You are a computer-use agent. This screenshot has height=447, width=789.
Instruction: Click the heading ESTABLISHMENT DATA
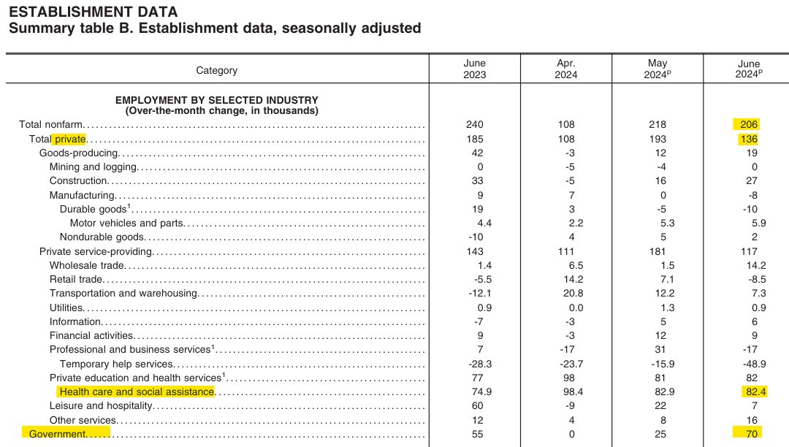click(92, 12)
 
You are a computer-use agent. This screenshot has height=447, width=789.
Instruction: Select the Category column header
click(216, 71)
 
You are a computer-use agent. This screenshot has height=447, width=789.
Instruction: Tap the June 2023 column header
click(474, 69)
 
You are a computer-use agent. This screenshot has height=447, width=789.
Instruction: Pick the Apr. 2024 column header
click(566, 69)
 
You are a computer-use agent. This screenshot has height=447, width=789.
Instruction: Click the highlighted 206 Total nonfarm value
click(748, 125)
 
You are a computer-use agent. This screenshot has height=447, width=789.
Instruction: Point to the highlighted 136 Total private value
click(748, 139)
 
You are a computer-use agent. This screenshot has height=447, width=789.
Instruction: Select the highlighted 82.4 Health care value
click(748, 392)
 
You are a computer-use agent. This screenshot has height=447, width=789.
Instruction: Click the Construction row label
click(79, 181)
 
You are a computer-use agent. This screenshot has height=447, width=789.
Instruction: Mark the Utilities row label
click(66, 307)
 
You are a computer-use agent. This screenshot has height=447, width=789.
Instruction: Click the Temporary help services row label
click(116, 364)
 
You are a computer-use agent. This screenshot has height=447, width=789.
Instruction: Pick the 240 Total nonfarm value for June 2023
click(474, 125)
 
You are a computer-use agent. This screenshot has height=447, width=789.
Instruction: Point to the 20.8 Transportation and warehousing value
click(566, 294)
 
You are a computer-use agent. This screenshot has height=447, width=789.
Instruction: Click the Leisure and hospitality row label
click(101, 406)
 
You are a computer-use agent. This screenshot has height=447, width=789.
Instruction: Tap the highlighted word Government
click(57, 435)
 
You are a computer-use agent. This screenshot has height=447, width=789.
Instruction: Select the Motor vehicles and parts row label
click(126, 223)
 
